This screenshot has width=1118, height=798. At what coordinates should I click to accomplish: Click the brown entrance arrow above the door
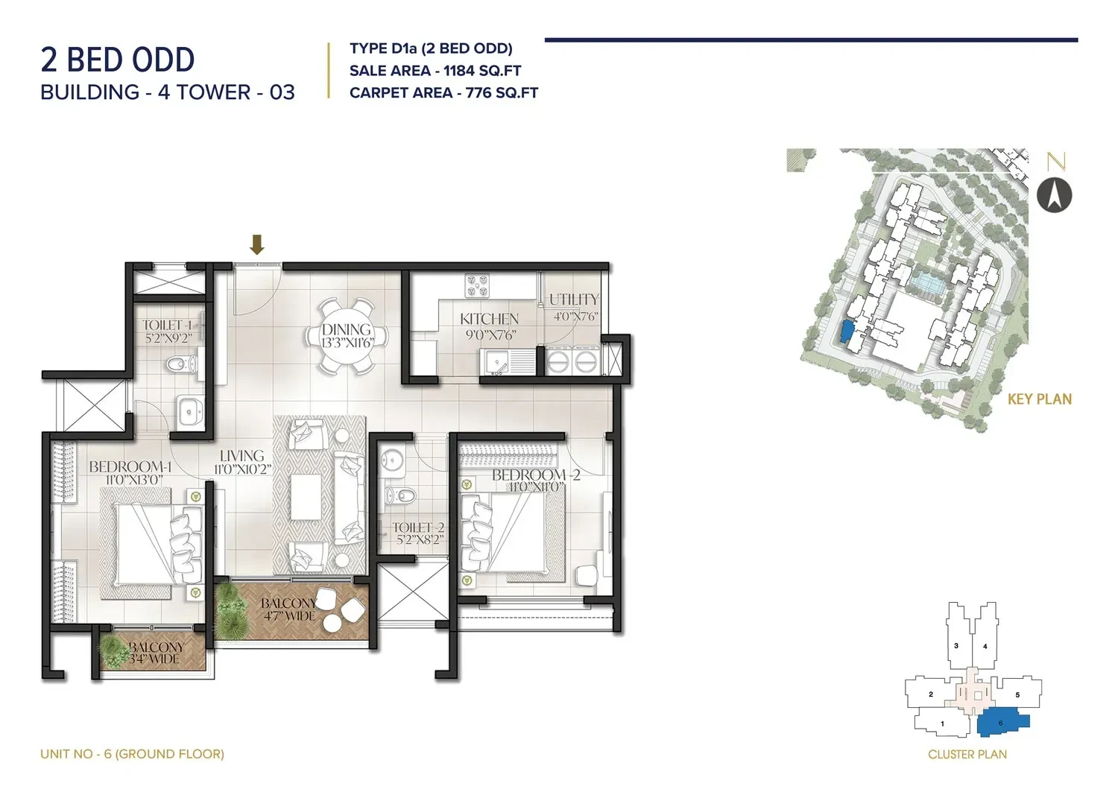pyautogui.click(x=256, y=244)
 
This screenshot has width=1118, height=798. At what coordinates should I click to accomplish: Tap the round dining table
pyautogui.click(x=347, y=335)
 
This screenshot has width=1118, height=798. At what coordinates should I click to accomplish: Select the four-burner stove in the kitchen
pyautogui.click(x=477, y=285)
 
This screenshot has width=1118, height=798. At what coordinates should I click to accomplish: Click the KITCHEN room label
pyautogui.click(x=489, y=319)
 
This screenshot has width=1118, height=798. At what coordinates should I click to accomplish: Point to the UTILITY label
pyautogui.click(x=574, y=300)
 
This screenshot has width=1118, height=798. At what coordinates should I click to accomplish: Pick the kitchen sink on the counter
pyautogui.click(x=508, y=362)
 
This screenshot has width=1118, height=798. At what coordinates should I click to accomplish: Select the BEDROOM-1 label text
pyautogui.click(x=130, y=466)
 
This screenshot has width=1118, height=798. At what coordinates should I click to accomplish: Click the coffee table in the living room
pyautogui.click(x=306, y=496)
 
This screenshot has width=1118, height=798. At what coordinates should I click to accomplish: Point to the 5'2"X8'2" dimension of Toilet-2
pyautogui.click(x=420, y=539)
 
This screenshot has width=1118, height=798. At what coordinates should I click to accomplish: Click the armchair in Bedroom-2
pyautogui.click(x=587, y=575)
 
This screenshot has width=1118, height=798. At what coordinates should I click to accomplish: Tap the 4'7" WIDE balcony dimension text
pyautogui.click(x=289, y=616)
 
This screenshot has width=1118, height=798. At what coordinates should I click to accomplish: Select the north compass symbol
pyautogui.click(x=1054, y=195)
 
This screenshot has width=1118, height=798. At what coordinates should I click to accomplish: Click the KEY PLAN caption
pyautogui.click(x=1040, y=399)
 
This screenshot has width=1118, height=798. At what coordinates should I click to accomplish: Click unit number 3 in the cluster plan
pyautogui.click(x=956, y=645)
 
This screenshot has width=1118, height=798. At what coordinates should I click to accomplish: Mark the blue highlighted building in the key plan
pyautogui.click(x=847, y=331)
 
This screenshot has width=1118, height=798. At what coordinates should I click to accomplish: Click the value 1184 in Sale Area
pyautogui.click(x=458, y=71)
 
